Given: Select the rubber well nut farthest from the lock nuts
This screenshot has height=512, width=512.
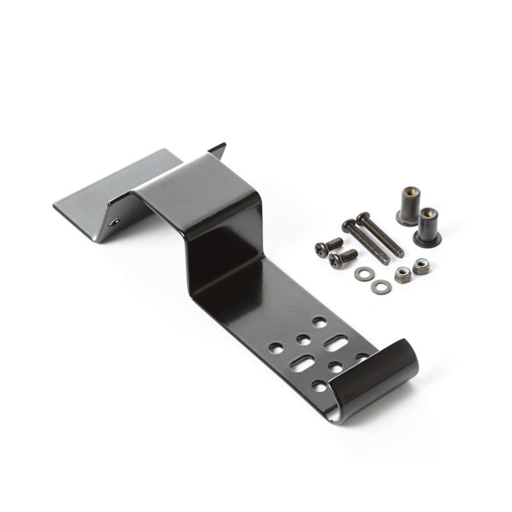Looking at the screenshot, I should tap(406, 204).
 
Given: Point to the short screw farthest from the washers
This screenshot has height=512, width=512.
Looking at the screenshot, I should tap(328, 246).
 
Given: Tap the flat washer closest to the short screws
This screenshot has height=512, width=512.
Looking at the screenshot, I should tap(363, 273).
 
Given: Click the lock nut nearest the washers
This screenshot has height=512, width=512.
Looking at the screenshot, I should tap(403, 276).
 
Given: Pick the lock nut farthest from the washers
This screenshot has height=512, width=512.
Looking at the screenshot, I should tap(420, 266).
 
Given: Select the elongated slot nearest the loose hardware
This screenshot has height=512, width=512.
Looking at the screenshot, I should tap(335, 344).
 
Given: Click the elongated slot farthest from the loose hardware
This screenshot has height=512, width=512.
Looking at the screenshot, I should tap(300, 365).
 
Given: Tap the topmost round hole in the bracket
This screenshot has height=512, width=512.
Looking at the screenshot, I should tap(319, 322).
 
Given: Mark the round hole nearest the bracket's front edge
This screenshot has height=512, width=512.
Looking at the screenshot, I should tap(319, 386).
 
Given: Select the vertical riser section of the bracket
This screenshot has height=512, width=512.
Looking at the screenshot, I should tap(221, 256).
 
